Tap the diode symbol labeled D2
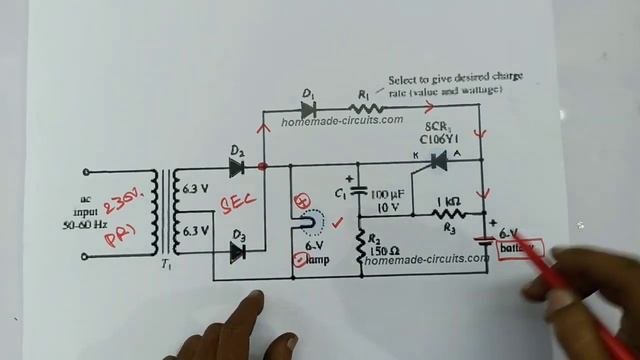coord(238,166)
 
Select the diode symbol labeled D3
coord(238,252)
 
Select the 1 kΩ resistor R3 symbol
coord(448,212)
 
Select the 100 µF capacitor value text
coord(390,192)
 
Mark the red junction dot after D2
coord(263,166)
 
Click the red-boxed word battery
coord(519,246)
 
